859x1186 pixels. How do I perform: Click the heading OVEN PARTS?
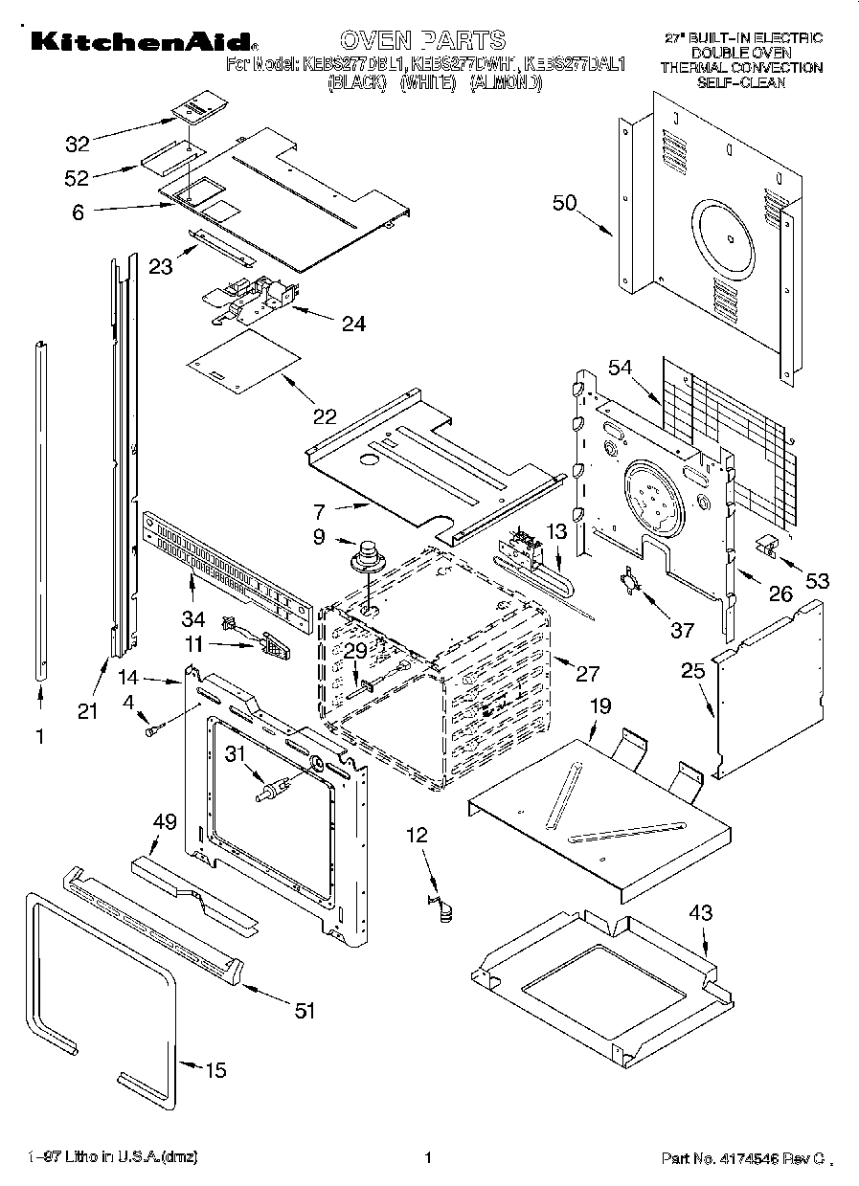tap(422, 39)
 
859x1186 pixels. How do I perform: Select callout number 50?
tap(565, 202)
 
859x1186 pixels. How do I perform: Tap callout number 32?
tap(77, 145)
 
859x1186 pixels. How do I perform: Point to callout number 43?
tap(700, 914)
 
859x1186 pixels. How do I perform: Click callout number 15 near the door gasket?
tap(216, 1070)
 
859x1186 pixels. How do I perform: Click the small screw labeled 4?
tap(151, 732)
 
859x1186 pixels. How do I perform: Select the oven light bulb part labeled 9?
tap(365, 557)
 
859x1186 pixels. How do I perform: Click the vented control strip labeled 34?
tap(227, 576)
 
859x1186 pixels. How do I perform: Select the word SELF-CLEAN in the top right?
tap(741, 82)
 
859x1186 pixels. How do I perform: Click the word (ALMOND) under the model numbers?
tap(506, 83)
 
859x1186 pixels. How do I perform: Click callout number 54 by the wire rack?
tap(621, 368)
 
